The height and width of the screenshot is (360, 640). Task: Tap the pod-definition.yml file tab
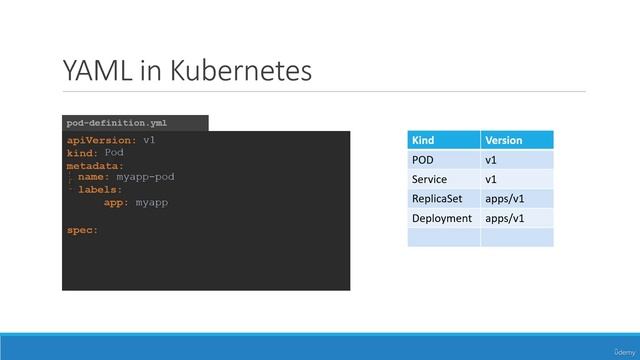pos(117,123)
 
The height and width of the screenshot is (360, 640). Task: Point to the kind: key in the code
pos(83,153)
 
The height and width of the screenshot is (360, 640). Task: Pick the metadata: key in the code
pos(96,165)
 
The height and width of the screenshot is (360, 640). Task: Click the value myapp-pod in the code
pos(145,177)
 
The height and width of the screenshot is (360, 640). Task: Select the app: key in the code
pos(116,202)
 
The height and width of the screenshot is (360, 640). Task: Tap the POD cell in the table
pos(422,160)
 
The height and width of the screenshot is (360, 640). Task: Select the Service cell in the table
pos(428,179)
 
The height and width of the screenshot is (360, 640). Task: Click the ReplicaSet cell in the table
pos(436,198)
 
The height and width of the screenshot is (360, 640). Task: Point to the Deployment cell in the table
pos(441,217)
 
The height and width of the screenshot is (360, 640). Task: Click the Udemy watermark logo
pos(623,349)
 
